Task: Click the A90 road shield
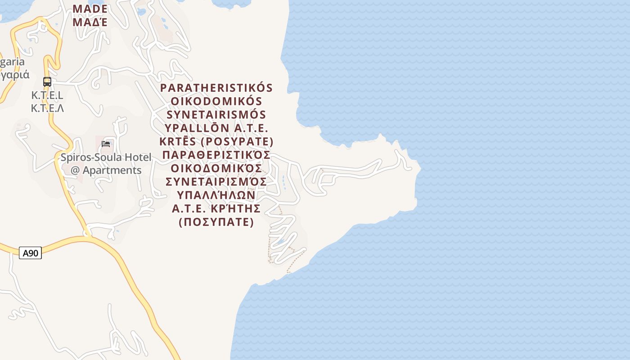(x=31, y=253)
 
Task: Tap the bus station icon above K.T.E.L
(x=47, y=82)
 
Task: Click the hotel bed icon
(x=106, y=144)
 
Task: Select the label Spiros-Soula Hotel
(x=106, y=157)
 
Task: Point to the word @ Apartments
(x=106, y=170)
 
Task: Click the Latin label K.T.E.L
(x=47, y=95)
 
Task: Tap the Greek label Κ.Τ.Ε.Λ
(x=47, y=108)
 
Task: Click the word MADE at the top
(x=90, y=9)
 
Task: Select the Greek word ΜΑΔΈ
(x=90, y=22)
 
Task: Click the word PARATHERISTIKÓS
(x=216, y=87)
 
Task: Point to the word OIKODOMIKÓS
(x=216, y=101)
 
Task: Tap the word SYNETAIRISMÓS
(x=216, y=114)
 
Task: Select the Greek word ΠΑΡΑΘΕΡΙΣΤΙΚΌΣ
(x=216, y=155)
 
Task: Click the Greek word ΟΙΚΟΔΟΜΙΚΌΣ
(x=216, y=168)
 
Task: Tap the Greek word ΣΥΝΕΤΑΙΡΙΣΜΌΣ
(x=216, y=181)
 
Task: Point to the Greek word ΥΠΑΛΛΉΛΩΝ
(x=216, y=195)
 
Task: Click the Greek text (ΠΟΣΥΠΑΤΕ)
(x=216, y=222)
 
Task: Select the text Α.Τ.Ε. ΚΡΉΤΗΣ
(x=216, y=208)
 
